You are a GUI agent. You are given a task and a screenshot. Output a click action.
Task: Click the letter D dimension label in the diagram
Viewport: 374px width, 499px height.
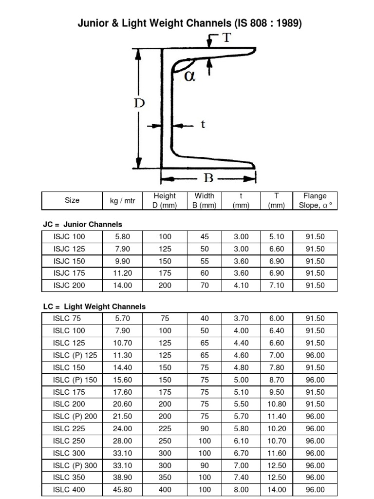pos(139,103)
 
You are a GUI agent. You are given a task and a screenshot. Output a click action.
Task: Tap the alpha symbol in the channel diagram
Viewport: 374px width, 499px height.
pos(190,77)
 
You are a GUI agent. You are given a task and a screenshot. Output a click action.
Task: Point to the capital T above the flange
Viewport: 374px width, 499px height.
pos(226,38)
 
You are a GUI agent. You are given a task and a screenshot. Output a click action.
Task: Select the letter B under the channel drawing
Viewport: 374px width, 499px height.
pos(208,178)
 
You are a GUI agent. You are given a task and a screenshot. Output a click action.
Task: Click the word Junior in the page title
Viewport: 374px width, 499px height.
pos(96,23)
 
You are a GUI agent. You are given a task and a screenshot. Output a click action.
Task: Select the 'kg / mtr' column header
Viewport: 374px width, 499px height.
pos(122,200)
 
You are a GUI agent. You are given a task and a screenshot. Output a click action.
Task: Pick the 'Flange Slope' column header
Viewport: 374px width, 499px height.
pos(315,200)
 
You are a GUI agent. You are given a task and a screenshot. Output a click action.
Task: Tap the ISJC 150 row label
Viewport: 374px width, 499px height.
pos(69,261)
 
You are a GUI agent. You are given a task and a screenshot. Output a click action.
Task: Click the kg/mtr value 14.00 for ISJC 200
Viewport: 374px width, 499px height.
pos(122,285)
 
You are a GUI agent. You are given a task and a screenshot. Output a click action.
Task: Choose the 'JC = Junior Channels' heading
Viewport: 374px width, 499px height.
pos(83,224)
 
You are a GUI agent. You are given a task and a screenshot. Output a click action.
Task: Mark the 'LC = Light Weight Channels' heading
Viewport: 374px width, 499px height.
pos(94,307)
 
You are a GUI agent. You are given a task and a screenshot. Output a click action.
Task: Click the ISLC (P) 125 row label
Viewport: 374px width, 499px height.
pos(75,355)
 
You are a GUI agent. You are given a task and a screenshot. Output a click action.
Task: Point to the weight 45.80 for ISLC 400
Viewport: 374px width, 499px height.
pos(122,490)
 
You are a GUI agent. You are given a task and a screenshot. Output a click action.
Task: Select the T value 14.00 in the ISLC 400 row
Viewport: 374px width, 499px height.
pos(278,490)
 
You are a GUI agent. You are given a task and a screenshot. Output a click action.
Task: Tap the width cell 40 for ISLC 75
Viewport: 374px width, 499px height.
pos(205,319)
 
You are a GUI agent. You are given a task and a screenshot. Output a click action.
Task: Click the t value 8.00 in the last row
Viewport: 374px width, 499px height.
pos(241,490)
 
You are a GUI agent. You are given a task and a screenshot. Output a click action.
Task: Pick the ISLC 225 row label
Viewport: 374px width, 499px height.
pos(69,429)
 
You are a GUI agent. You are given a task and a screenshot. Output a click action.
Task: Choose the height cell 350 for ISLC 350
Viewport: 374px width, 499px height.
pos(165,478)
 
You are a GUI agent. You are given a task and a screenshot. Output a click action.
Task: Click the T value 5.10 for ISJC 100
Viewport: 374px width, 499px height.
pos(278,236)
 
